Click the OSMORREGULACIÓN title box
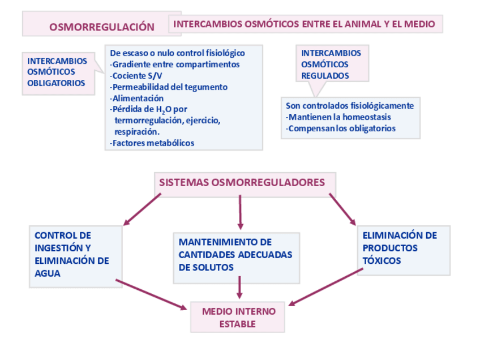102,25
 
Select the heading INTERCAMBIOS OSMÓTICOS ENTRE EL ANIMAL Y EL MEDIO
305,24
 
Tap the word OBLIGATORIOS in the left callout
56,83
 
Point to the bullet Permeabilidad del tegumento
169,87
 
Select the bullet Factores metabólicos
152,143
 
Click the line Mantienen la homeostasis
338,117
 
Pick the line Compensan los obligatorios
341,128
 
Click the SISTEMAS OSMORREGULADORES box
242,183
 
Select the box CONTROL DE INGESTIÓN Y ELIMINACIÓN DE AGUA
75,255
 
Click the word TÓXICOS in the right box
382,261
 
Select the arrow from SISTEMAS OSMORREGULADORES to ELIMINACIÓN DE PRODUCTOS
342,208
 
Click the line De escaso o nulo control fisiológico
177,53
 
